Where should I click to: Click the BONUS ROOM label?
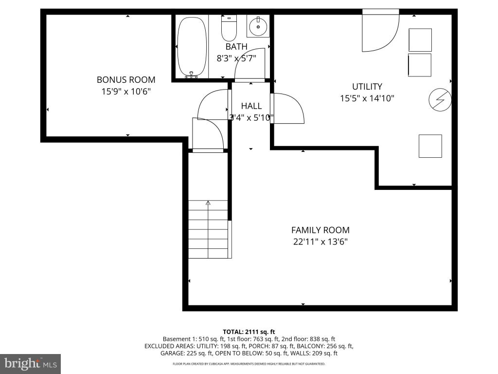click(x=126, y=79)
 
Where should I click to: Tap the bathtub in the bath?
click(x=192, y=47)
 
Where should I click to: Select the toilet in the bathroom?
click(x=229, y=27)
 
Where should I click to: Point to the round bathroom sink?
click(x=258, y=27)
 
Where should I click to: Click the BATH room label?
click(x=236, y=47)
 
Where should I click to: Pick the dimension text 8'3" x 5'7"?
click(x=236, y=58)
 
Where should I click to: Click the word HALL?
click(x=251, y=106)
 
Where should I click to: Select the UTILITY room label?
click(x=367, y=87)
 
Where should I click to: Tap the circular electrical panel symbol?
click(x=440, y=99)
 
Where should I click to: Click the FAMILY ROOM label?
click(x=320, y=230)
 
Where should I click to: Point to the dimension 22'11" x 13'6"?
click(x=320, y=242)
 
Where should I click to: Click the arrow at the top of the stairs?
click(x=208, y=203)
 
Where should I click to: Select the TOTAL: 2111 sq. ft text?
click(x=249, y=332)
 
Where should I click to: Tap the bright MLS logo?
click(x=31, y=363)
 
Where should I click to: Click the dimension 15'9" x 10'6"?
click(x=126, y=92)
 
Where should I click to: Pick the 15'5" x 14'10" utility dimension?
click(x=367, y=98)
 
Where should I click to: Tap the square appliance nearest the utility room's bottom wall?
click(x=430, y=146)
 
